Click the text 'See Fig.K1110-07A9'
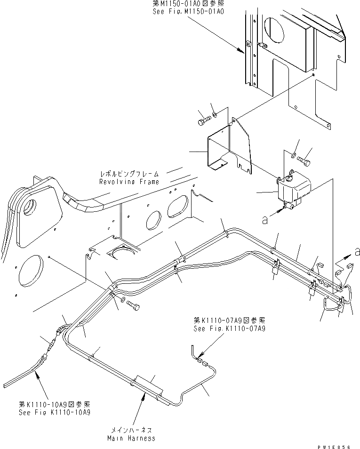pyautogui.click(x=229, y=328)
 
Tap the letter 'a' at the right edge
pyautogui.click(x=357, y=251)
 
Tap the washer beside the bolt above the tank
pyautogui.click(x=294, y=155)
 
